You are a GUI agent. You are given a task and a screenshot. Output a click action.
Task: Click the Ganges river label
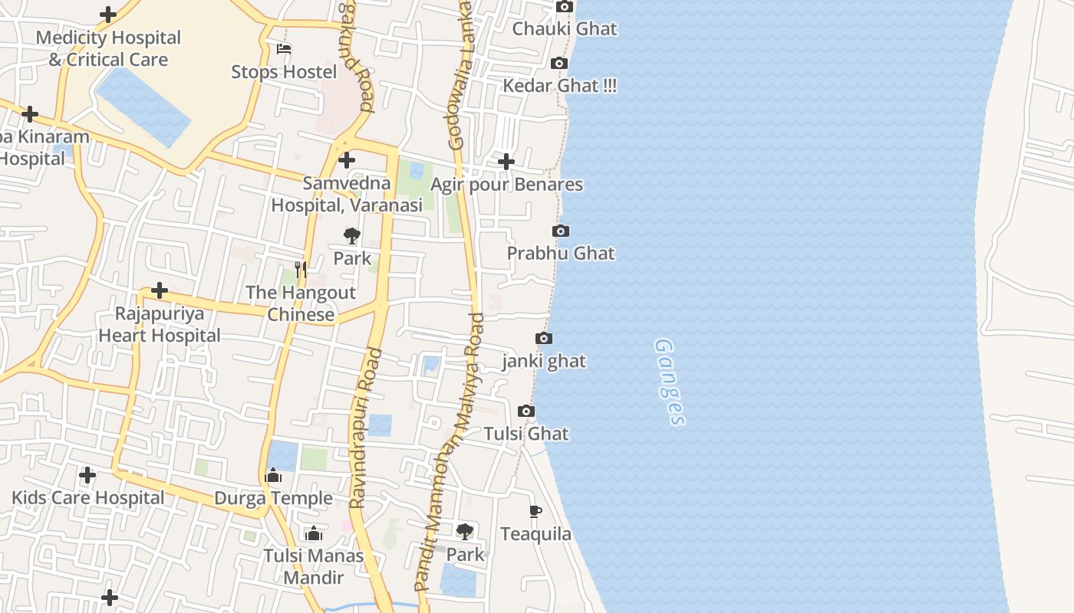[x=669, y=382]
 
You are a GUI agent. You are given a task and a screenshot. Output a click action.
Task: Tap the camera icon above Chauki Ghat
[x=565, y=7]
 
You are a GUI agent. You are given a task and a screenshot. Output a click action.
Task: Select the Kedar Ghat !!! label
[x=559, y=86]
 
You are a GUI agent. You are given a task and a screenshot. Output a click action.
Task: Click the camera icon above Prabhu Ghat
[x=561, y=231]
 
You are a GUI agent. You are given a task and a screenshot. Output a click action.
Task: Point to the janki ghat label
[x=544, y=361]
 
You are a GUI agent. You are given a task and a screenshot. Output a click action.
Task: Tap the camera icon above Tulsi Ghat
[x=526, y=411]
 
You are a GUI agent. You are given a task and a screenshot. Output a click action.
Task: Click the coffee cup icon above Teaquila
[x=535, y=511]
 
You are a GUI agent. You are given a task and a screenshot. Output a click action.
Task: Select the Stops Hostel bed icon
[x=284, y=50]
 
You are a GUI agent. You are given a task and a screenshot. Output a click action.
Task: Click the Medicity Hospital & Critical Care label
[x=108, y=48]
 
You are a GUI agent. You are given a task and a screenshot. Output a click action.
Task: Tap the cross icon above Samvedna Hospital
[x=347, y=160]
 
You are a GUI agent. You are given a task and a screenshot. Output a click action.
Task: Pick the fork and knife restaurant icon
[x=301, y=269]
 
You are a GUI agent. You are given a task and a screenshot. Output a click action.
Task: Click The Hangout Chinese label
[x=301, y=303]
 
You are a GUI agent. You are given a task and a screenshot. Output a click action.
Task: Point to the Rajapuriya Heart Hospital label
[x=160, y=324]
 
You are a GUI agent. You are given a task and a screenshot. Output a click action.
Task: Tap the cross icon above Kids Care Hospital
[x=87, y=475]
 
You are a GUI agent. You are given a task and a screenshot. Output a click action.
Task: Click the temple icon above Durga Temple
[x=273, y=476]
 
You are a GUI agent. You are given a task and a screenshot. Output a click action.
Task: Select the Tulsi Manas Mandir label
[x=314, y=566]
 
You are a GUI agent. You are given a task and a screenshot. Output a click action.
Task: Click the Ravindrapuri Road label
[x=365, y=428]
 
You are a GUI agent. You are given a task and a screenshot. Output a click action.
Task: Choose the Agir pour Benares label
[x=506, y=185]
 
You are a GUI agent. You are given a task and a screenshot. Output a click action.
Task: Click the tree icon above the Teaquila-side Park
[x=465, y=531]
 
